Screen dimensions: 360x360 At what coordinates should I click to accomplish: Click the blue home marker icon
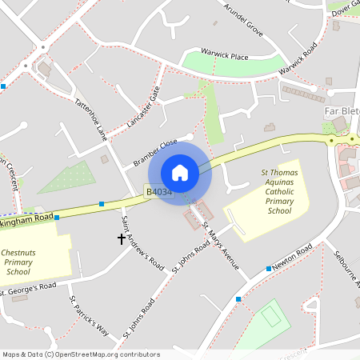tap(180, 173)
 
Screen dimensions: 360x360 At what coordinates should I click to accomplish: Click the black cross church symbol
tap(122, 238)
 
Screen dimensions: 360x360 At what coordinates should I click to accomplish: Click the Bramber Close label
tap(155, 153)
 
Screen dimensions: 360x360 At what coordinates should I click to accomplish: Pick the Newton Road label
tap(291, 259)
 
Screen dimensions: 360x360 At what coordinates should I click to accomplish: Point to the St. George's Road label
tap(29, 287)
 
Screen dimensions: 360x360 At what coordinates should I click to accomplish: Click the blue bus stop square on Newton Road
tap(268, 269)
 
